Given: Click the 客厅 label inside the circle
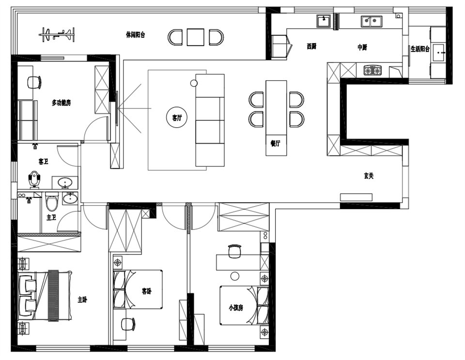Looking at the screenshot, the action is coord(177,118).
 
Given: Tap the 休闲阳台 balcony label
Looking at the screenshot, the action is coord(136,35).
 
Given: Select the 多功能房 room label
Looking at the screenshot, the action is coord(62,103).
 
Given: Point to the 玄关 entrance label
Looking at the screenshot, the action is coord(369,176).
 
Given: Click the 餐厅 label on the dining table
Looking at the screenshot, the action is coord(276,143).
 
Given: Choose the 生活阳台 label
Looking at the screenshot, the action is coord(420,49).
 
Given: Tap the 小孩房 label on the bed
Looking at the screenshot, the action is coord(236,308).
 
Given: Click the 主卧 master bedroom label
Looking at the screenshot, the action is coord(82,300).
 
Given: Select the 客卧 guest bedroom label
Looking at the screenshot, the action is coord(147,291).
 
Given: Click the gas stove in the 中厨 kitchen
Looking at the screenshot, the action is coord(373,70).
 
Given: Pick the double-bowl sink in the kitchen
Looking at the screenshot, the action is coord(372,21).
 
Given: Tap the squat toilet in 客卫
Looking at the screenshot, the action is coord(34,179).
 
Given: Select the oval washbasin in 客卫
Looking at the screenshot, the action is coord(65,182).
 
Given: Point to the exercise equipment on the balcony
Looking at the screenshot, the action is coord(57,34).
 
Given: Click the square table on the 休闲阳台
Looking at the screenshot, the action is coord(195,37).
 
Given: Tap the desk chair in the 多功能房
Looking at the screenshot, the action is coord(34,82).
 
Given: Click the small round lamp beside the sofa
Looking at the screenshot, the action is coord(194,83).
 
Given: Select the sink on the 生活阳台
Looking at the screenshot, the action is coord(438,53).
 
